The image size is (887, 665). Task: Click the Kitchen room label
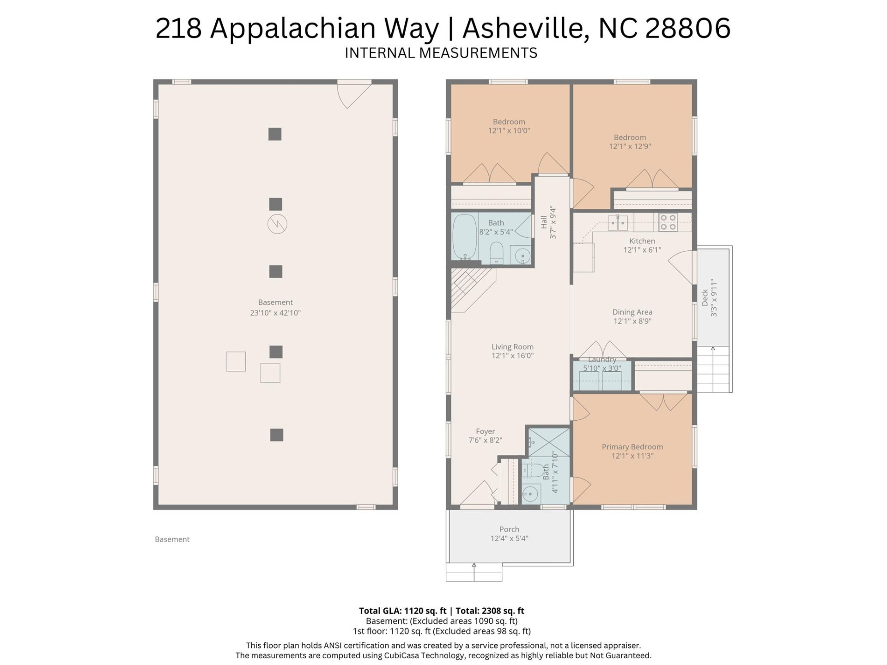coord(642,241)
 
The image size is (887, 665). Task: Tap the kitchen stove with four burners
coord(668,222)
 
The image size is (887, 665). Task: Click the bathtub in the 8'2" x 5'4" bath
coord(464,237)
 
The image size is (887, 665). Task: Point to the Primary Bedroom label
coord(632,447)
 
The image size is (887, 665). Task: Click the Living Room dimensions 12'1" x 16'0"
coord(512,356)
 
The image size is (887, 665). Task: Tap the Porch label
coord(509,529)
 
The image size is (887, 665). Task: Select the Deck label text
coord(705,298)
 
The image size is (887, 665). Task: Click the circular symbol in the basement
coord(277,224)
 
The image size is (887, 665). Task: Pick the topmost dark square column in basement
coord(275,134)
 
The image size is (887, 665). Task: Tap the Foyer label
coord(485,431)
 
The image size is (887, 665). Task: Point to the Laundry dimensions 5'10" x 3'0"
coord(602,369)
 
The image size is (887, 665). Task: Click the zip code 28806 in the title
coord(687,29)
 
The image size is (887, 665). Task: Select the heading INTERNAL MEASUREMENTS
coord(441,53)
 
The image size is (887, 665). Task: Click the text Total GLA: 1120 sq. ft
coord(402,611)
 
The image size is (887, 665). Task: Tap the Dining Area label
coord(632,312)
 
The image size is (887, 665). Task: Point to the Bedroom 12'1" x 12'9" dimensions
coord(630,146)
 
